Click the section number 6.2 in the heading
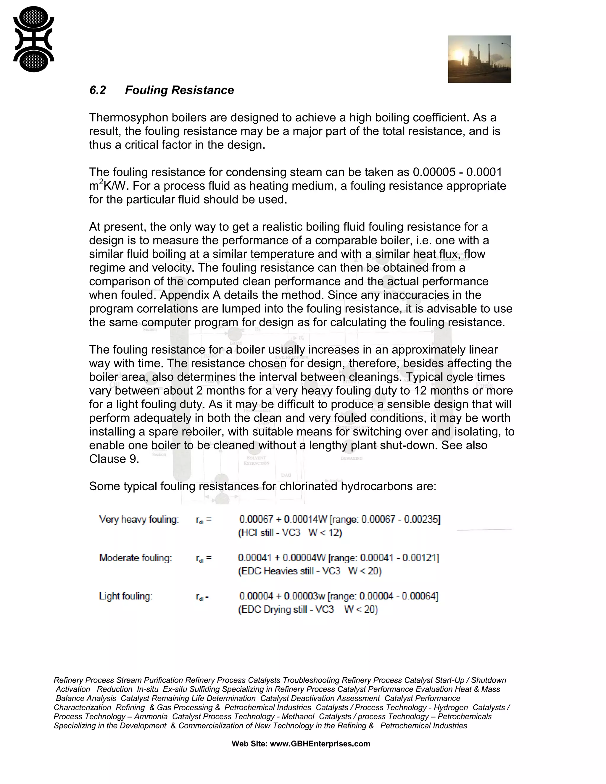[98, 90]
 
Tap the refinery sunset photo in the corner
[479, 59]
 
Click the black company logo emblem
[33, 39]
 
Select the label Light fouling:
[126, 596]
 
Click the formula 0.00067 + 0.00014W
[283, 520]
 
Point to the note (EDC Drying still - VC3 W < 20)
[308, 609]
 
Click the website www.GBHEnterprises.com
[320, 744]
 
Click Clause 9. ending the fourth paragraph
[114, 459]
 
